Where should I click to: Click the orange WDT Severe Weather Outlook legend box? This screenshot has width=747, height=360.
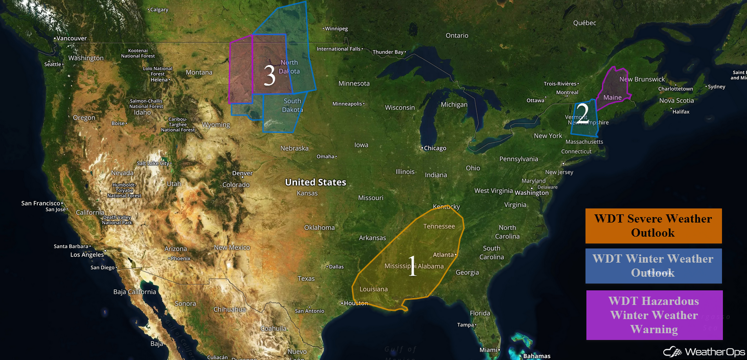click(x=653, y=226)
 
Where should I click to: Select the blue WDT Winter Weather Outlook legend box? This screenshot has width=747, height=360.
click(x=653, y=266)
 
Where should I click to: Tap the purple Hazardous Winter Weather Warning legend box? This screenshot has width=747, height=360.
click(x=654, y=315)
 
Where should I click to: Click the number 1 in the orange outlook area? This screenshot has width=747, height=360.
click(x=412, y=266)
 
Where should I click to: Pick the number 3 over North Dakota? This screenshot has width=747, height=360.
click(x=269, y=75)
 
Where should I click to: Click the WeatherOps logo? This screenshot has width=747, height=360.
click(x=704, y=351)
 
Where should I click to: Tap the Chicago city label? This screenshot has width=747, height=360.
click(x=435, y=148)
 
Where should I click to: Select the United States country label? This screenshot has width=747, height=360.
click(x=315, y=183)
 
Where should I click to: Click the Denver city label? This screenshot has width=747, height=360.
click(x=242, y=173)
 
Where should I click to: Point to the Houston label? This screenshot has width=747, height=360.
click(x=356, y=303)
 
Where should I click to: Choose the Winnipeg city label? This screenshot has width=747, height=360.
click(x=336, y=29)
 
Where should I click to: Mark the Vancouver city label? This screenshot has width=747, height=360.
click(x=71, y=39)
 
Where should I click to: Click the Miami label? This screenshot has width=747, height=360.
click(x=489, y=350)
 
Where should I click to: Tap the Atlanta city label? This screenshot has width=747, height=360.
click(x=444, y=255)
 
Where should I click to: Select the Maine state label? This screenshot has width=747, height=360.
click(x=612, y=97)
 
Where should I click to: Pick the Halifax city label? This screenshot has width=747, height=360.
click(x=681, y=112)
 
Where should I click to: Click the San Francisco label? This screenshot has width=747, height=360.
click(x=40, y=203)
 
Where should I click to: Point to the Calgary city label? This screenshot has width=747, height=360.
click(x=159, y=10)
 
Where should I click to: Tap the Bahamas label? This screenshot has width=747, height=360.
click(x=537, y=356)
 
